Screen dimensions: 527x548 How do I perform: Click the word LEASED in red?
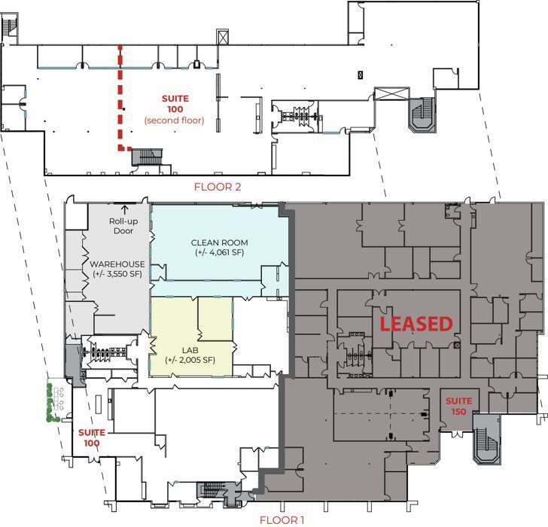[x=416, y=324]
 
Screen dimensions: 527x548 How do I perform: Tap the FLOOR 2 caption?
[x=218, y=187]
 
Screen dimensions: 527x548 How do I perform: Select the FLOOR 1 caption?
[x=282, y=519]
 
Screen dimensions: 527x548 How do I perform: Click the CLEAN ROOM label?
[x=219, y=242]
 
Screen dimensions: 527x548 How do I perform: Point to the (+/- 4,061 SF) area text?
[x=219, y=253]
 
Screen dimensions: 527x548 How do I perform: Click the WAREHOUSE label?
[x=117, y=263]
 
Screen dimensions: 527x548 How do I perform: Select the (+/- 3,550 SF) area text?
[x=117, y=274]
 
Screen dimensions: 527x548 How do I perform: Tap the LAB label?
[x=190, y=350]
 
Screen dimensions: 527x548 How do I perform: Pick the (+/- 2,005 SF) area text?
[x=190, y=361]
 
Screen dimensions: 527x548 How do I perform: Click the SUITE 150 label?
[x=458, y=406]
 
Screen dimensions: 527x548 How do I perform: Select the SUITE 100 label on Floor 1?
[x=90, y=437]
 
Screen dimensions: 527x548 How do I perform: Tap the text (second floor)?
[x=174, y=120]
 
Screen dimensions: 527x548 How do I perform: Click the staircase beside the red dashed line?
[x=147, y=157]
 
